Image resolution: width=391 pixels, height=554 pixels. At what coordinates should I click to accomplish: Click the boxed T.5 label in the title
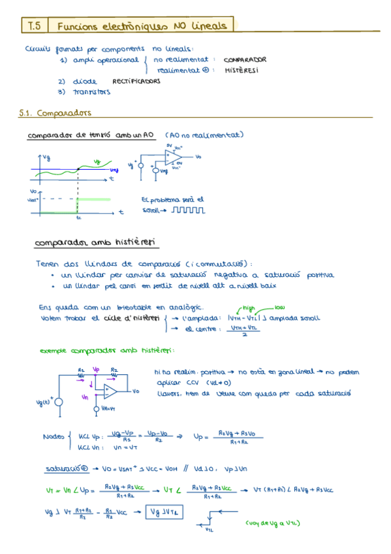tap(35, 25)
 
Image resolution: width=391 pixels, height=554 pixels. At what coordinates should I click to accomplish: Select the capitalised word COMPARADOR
tap(245, 59)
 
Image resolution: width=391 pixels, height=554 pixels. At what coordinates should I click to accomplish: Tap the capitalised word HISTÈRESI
tap(241, 70)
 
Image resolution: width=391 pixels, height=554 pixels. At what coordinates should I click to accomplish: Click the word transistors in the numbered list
tap(91, 92)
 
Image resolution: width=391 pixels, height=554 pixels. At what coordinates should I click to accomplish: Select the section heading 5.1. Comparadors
tap(56, 112)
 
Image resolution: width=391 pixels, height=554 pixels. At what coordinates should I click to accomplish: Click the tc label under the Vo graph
tap(78, 218)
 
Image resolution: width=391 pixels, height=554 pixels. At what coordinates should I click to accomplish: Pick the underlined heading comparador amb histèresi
tap(95, 242)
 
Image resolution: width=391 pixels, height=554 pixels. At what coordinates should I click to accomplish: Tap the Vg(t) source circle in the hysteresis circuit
tap(59, 401)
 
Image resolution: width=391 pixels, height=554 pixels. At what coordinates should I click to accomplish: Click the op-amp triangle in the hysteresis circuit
tap(109, 391)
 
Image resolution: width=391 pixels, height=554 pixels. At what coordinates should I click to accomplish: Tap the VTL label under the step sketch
tap(209, 530)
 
